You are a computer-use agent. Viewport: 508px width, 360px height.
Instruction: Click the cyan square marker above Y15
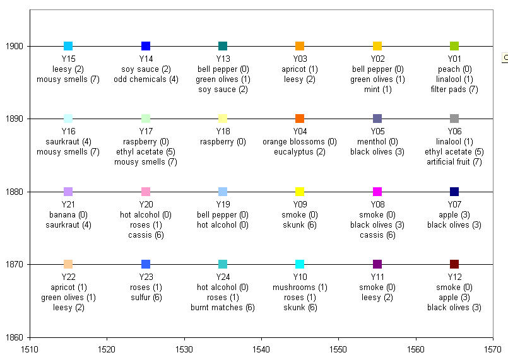[x=68, y=46]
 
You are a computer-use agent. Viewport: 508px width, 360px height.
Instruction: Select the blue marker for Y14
[x=146, y=46]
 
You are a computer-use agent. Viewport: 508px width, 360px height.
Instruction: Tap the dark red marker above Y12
[x=454, y=264]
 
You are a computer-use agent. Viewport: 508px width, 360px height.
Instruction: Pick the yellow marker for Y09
[x=300, y=192]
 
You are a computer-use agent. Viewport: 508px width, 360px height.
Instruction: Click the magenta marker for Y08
[x=377, y=192]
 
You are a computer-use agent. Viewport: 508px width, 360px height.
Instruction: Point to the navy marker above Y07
[x=454, y=192]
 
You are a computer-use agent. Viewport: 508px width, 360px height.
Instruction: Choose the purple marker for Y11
[x=377, y=264]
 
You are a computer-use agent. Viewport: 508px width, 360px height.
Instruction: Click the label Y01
[x=454, y=59]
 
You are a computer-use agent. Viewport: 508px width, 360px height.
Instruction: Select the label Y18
[x=223, y=132]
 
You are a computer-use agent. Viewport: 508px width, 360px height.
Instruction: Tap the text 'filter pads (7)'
[x=454, y=90]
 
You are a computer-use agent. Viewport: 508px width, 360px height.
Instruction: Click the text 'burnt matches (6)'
[x=223, y=308]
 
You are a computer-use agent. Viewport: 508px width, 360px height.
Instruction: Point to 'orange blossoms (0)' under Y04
[x=300, y=142]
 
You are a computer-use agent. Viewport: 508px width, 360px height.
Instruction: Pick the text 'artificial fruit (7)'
[x=454, y=162]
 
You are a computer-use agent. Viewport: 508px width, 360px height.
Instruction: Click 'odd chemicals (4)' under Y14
[x=146, y=79]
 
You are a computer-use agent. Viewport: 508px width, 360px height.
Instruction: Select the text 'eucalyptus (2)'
[x=300, y=152]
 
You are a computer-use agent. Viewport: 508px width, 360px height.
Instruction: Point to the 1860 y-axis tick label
[x=16, y=337]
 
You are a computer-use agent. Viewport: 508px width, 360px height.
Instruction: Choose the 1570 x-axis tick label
[x=493, y=347]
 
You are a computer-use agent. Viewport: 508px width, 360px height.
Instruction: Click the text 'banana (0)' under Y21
[x=68, y=215]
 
